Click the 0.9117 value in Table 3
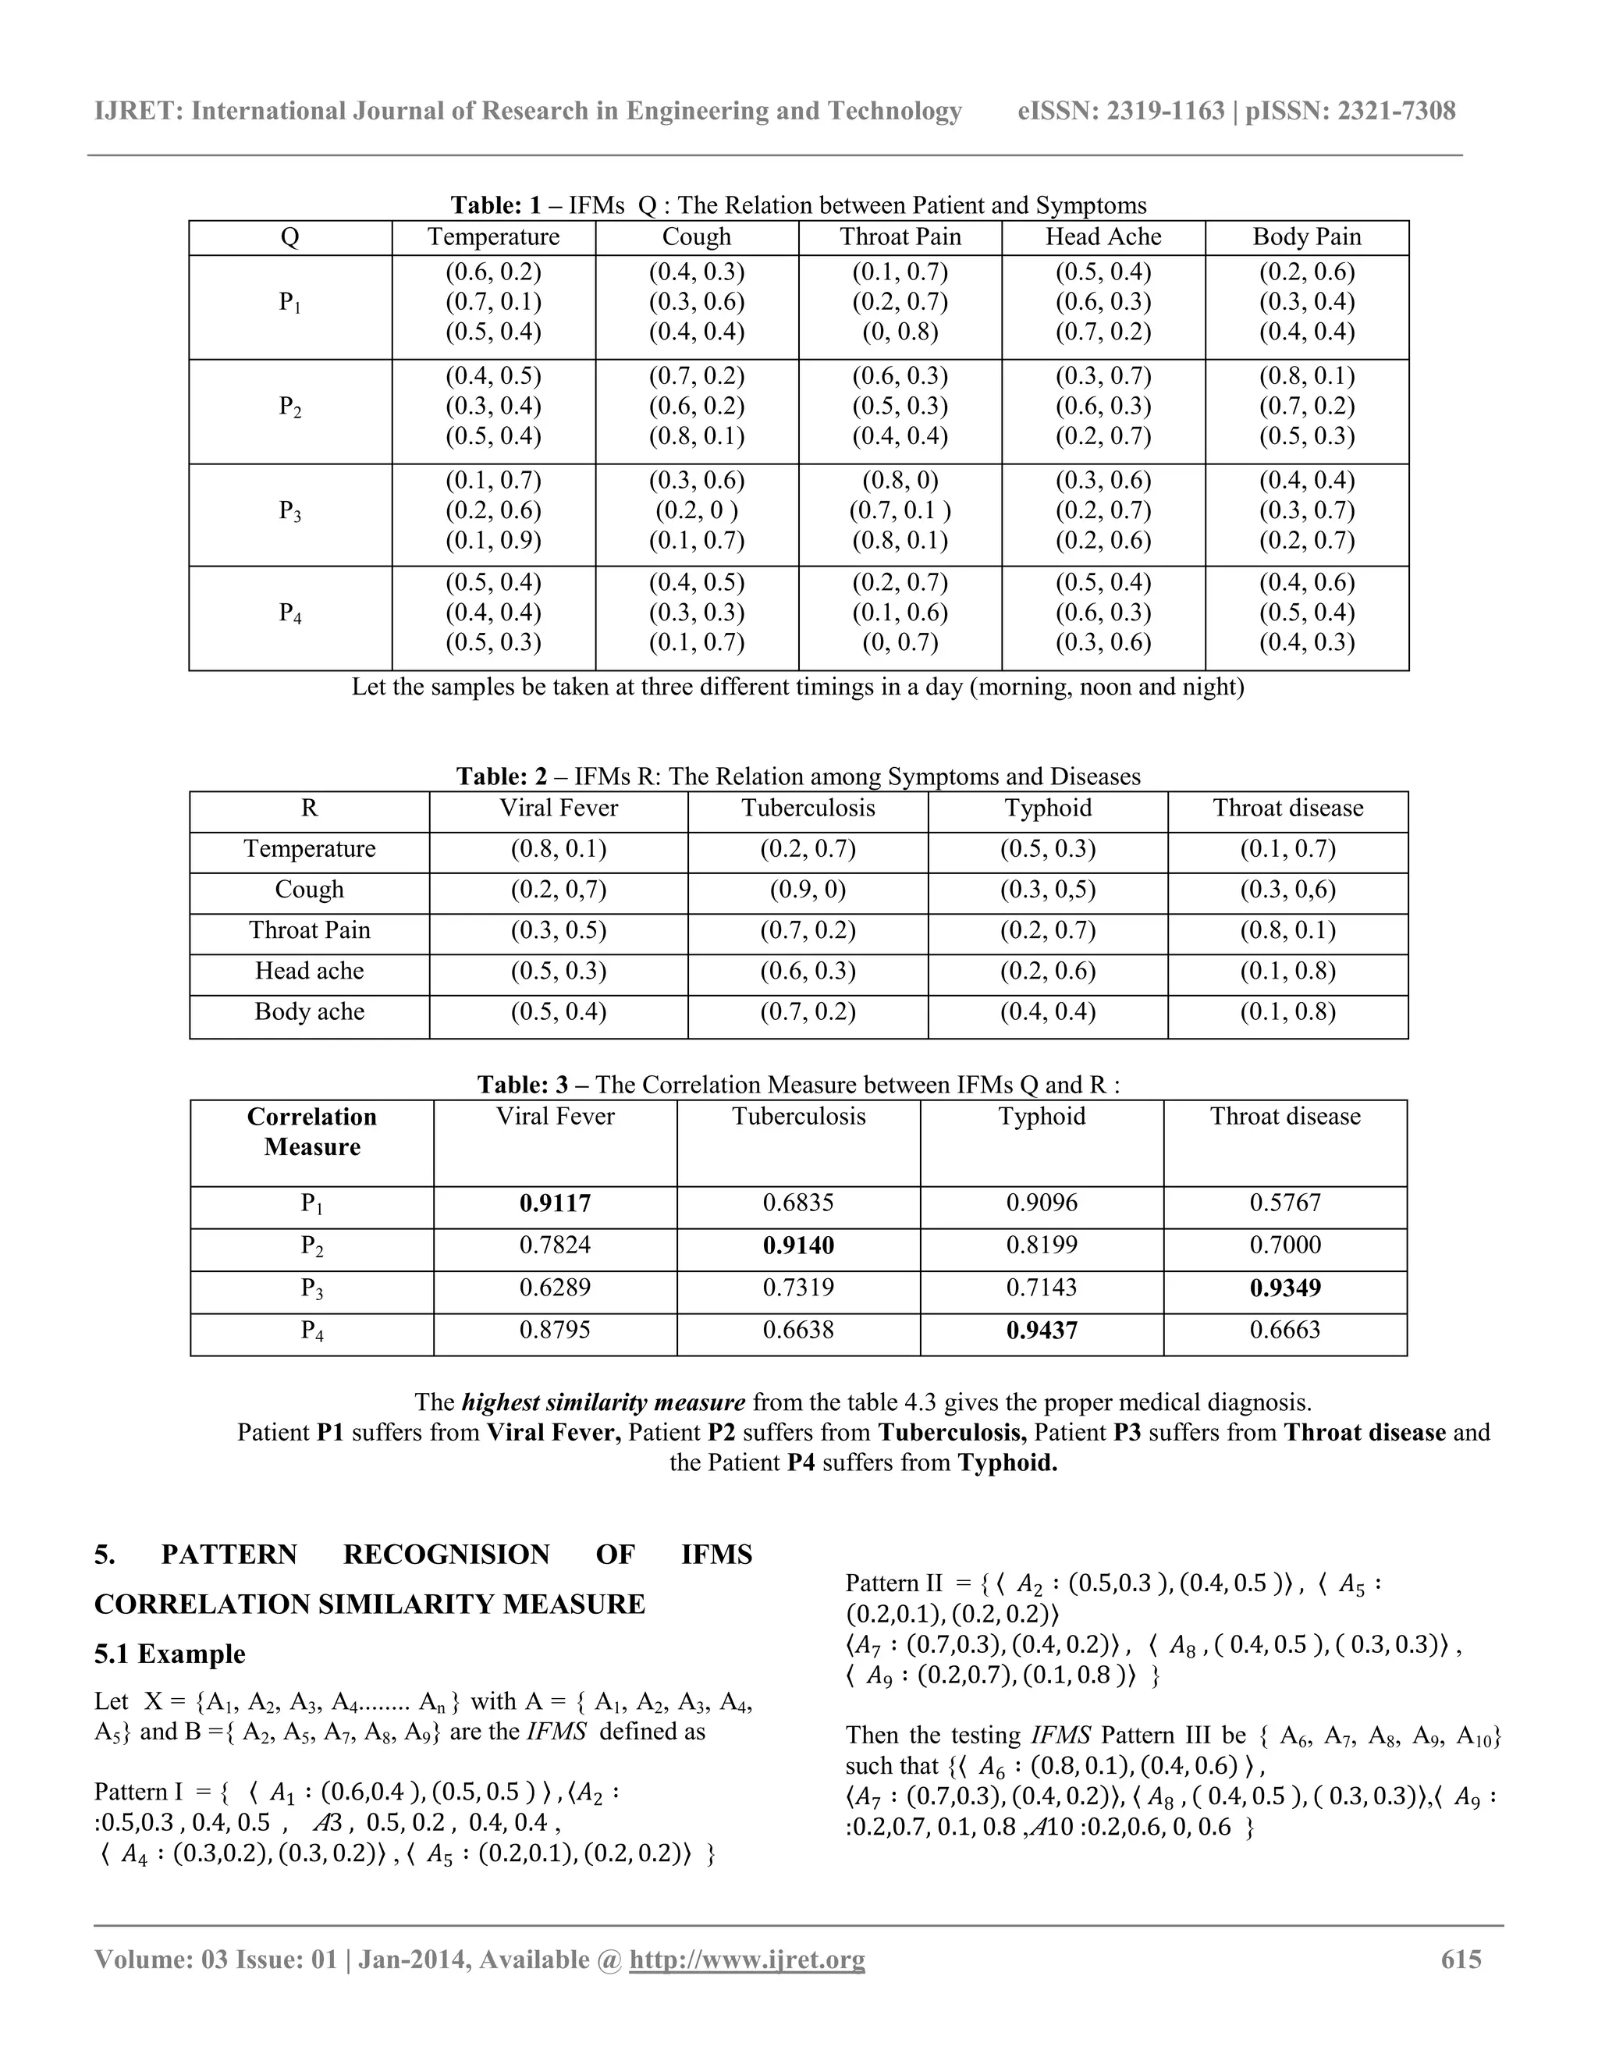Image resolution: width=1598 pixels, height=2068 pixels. click(555, 1203)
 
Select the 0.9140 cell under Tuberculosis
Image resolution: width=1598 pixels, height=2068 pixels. click(798, 1245)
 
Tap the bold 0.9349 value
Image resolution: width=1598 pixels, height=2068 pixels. click(1284, 1288)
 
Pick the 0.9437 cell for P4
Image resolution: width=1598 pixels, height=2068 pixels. click(1042, 1331)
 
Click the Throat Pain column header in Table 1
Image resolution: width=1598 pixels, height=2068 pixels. click(900, 236)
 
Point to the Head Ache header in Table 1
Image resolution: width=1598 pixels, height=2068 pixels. click(1103, 236)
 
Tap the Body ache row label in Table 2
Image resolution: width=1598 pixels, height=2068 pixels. click(309, 1011)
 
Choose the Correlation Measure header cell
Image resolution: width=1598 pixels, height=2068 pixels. click(311, 1132)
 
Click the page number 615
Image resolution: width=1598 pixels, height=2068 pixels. click(1461, 1959)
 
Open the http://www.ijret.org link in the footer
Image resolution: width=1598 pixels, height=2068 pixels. click(747, 1959)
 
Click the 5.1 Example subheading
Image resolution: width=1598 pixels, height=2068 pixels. click(169, 1654)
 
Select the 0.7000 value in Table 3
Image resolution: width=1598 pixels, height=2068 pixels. click(1284, 1245)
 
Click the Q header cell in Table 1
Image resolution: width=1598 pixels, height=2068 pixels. click(289, 236)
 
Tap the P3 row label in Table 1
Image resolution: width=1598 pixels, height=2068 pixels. click(289, 511)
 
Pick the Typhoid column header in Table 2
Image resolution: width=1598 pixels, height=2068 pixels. click(1047, 808)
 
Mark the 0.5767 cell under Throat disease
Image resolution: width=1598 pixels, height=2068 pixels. click(1284, 1203)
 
